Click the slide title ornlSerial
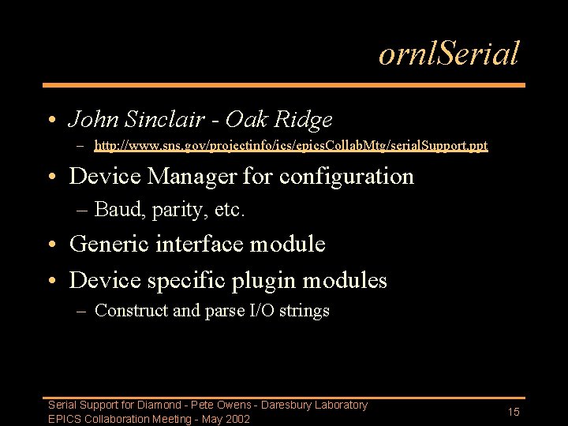pyautogui.click(x=448, y=54)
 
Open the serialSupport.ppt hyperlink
pyautogui.click(x=290, y=145)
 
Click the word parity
pyautogui.click(x=170, y=211)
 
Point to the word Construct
pyautogui.click(x=131, y=311)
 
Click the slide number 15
pyautogui.click(x=514, y=413)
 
